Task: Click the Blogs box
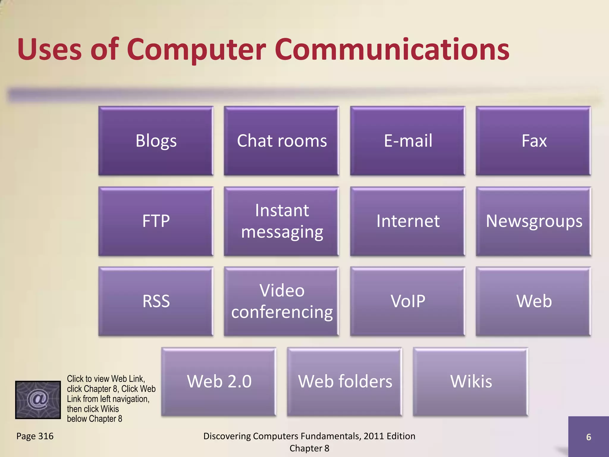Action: tap(156, 141)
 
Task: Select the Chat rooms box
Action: tap(282, 141)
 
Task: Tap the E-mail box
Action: tap(408, 141)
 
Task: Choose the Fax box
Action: tap(533, 141)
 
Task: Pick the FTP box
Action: tap(156, 221)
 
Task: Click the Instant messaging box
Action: tap(282, 221)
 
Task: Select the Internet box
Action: tap(408, 221)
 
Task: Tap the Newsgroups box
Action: tap(533, 221)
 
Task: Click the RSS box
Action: tap(156, 301)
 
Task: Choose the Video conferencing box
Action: tap(282, 301)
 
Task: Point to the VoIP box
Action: tap(408, 301)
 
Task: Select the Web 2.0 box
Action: tap(219, 381)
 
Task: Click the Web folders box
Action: tap(345, 381)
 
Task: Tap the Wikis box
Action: tap(471, 381)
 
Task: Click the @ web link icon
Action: tap(38, 400)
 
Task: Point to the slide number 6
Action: tap(588, 437)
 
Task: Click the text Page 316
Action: tap(35, 436)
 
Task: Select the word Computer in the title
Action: tap(196, 50)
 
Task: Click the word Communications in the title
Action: tap(392, 49)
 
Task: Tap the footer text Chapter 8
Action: tap(309, 448)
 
